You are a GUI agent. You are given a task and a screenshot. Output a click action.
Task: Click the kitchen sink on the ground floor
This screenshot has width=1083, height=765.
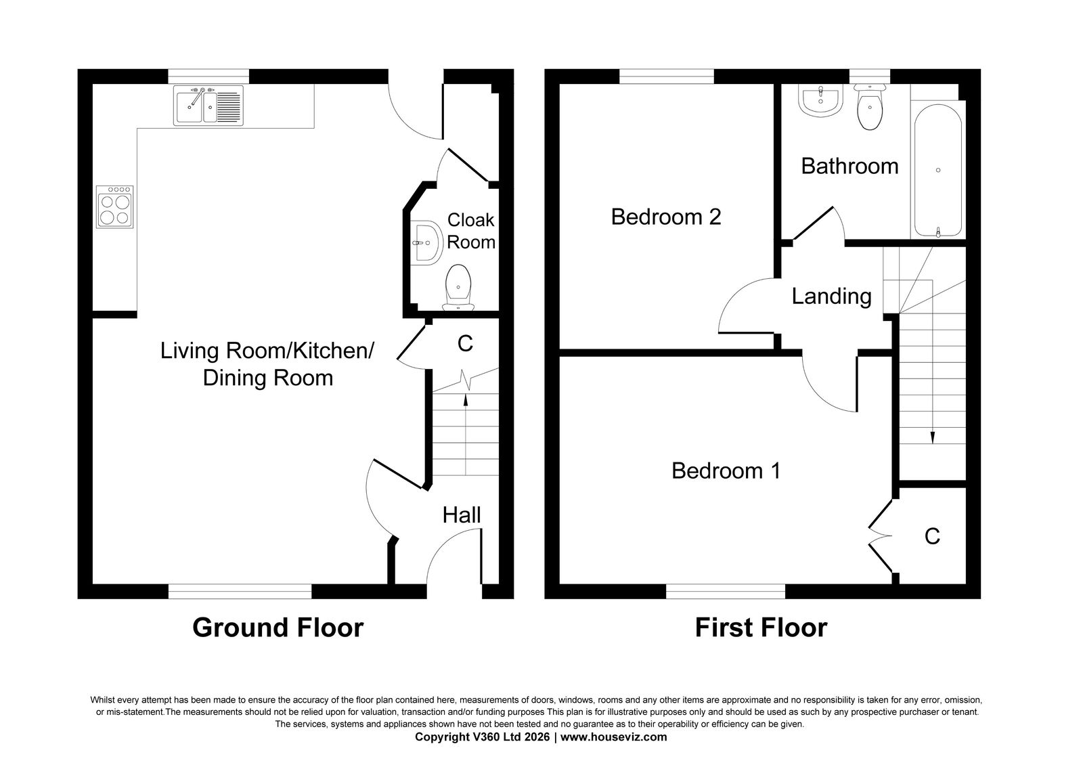(x=208, y=106)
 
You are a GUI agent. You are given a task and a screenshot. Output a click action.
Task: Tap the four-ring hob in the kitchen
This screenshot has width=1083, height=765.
(x=114, y=207)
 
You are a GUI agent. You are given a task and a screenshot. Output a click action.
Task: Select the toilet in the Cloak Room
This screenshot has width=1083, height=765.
(x=458, y=287)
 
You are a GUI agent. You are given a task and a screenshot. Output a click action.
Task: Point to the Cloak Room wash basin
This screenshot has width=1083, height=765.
(x=427, y=243)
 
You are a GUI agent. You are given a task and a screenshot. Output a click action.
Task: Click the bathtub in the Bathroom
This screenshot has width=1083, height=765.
(x=938, y=170)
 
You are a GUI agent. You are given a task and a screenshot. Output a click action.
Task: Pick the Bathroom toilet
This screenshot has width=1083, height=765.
(x=869, y=107)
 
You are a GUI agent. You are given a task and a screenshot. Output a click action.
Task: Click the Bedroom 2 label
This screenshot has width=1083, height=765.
(x=666, y=217)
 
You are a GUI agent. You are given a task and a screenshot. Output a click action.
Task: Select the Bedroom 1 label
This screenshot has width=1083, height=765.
(x=726, y=471)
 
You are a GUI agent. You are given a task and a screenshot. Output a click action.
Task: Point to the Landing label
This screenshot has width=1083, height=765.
(x=831, y=297)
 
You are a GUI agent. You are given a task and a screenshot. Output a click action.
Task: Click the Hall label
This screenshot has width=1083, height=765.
(x=461, y=515)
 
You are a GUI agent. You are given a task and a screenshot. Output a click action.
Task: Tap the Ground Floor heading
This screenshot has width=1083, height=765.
(x=278, y=628)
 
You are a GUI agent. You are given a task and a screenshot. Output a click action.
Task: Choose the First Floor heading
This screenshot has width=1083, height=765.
(x=761, y=628)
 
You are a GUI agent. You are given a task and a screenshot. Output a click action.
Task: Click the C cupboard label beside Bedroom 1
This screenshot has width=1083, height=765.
(x=932, y=536)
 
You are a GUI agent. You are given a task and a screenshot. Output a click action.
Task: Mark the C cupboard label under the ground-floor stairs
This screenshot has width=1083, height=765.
(x=465, y=344)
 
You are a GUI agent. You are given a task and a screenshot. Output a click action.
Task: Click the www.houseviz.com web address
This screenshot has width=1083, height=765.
(x=613, y=737)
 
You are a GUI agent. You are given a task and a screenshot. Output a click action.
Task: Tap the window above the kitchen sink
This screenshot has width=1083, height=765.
(x=208, y=76)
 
